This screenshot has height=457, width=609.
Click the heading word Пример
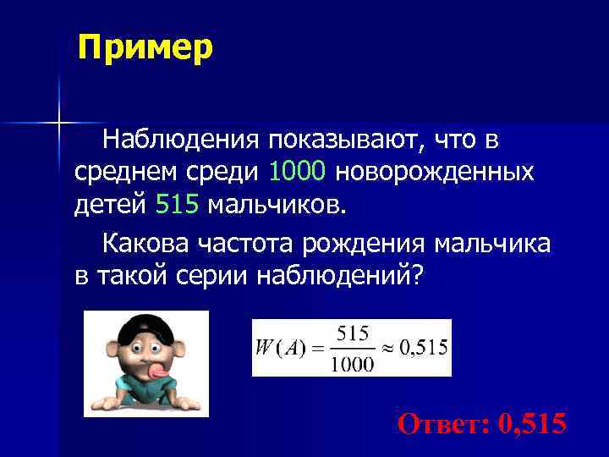145,47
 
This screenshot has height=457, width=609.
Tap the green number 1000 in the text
297,172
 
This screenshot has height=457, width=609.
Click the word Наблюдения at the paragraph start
178,137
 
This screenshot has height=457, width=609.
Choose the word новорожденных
435,172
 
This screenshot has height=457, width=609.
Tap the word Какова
145,244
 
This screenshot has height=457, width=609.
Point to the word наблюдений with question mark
339,276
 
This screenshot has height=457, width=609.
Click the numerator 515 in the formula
353,333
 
